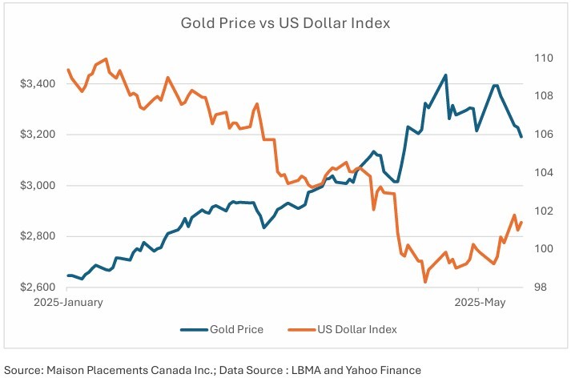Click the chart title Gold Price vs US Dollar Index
pyautogui.click(x=285, y=23)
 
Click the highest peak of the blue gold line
pyautogui.click(x=445, y=75)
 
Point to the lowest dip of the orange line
pyautogui.click(x=425, y=281)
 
